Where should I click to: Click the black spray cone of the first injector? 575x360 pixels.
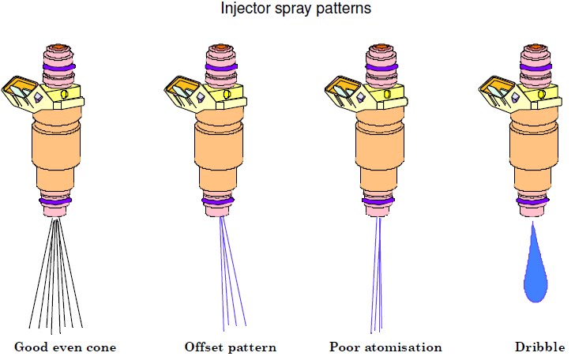pyautogui.click(x=55, y=276)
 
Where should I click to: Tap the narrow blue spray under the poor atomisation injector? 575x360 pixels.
pyautogui.click(x=378, y=276)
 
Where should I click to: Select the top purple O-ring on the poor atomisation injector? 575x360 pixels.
pyautogui.click(x=378, y=69)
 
